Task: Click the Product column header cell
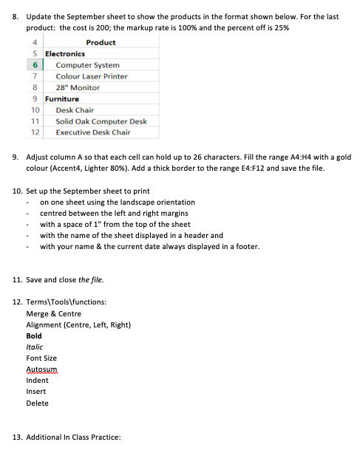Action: [101, 43]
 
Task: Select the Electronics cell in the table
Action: [65, 54]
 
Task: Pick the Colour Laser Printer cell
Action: [92, 76]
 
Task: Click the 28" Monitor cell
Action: [78, 87]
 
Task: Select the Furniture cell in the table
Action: [62, 98]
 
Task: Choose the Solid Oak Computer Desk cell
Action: [101, 120]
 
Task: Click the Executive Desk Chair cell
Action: [93, 132]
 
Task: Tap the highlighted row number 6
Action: [34, 65]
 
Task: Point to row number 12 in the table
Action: [34, 132]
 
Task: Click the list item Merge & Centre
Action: [54, 313]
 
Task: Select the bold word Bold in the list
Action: [34, 336]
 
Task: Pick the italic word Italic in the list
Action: [34, 347]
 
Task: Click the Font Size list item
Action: [41, 358]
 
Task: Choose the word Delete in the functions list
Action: [37, 403]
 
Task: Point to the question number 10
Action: [17, 191]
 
